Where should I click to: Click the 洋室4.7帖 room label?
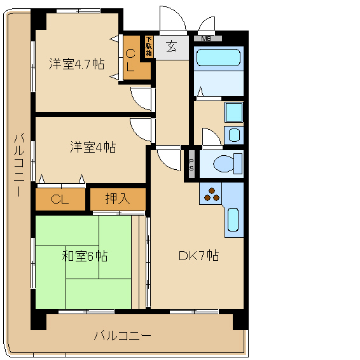pos(77,64)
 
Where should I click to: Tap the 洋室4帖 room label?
pos(93,147)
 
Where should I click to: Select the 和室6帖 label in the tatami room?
pos(85,256)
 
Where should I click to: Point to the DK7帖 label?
pos(199,255)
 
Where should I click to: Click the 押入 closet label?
pos(118,198)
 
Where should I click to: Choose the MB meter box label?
pos(206,39)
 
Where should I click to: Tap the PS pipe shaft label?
pos(191,165)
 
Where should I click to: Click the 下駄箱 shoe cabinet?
pos(149,46)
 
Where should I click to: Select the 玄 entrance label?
pos(172,46)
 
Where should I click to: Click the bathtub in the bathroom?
pos(218,58)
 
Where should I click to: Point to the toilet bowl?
pos(227,163)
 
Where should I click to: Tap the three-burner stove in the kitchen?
pos(211,194)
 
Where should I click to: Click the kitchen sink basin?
pos(233,219)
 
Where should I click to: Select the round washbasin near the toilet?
pos(234,135)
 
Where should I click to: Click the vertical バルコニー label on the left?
pos(19,164)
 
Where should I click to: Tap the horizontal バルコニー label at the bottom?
pos(123,336)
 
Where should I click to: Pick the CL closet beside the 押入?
pos(60,199)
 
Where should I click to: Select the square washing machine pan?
pos(233,113)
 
